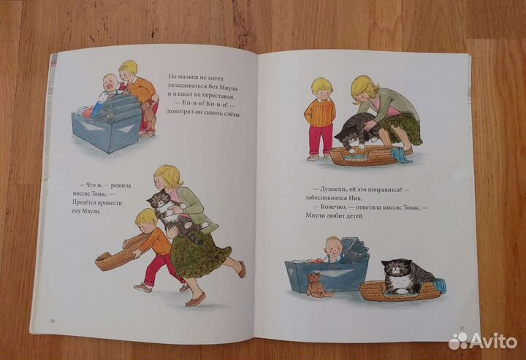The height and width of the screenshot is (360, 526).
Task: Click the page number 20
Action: click(53, 321)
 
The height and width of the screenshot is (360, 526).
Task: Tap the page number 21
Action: click(462, 328)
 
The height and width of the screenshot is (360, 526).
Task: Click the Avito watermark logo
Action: click(483, 341)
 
